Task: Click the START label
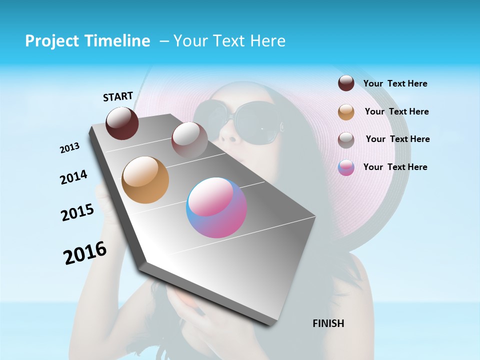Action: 118,96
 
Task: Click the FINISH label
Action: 328,323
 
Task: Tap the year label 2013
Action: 69,148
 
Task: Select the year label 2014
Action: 73,177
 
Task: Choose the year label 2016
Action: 85,253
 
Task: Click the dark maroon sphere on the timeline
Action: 122,123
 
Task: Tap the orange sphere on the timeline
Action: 145,180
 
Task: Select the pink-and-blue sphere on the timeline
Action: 216,207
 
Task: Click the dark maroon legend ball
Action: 346,83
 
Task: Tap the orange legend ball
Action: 346,112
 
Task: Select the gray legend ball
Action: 346,140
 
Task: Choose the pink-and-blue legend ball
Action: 346,167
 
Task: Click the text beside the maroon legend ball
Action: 395,84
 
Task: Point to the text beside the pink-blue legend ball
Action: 395,167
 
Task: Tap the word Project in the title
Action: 50,41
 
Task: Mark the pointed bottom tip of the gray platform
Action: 272,325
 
